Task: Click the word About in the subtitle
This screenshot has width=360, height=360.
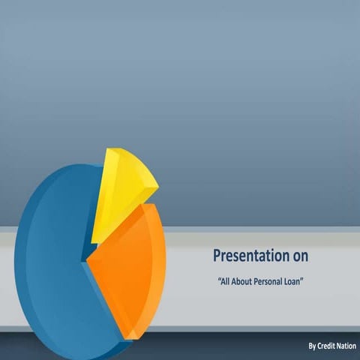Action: pos(241,282)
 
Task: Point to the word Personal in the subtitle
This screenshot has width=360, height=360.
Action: pos(268,282)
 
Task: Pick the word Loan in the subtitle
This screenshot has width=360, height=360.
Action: pos(292,282)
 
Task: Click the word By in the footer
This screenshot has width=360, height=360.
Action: pos(312,346)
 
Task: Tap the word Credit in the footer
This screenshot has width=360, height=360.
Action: pos(326,346)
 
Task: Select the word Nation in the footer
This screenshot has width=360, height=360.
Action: pos(346,346)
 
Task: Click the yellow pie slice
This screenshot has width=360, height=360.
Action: pos(120,190)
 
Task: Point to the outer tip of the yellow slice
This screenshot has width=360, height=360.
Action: pos(158,186)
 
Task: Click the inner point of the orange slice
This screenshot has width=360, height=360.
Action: pos(87,261)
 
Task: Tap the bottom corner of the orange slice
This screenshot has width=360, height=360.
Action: pos(130,339)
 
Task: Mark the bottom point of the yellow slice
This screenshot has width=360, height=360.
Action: pos(91,243)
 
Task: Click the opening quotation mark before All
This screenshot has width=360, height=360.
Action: pos(219,279)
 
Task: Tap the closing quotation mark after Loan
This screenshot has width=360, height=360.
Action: pos(301,279)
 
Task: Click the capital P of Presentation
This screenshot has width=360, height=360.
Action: pos(217,256)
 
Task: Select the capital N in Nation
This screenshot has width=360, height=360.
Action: pos(339,346)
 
